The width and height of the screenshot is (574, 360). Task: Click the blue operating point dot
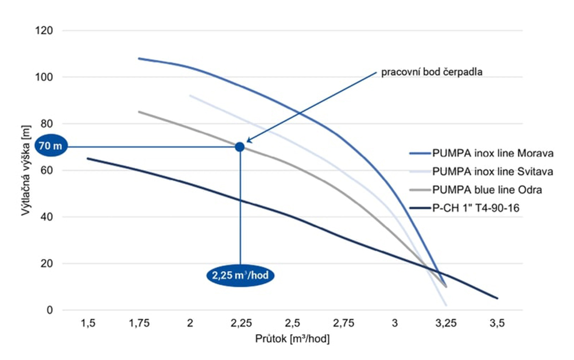point(240,147)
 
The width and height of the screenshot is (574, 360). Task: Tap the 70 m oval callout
point(51,147)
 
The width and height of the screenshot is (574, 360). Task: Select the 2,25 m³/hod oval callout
point(240,276)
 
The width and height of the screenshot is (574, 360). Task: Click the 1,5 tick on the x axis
point(87,324)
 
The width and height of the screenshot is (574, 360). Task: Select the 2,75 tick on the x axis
point(343,324)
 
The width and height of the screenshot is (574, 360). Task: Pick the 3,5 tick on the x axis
point(497,324)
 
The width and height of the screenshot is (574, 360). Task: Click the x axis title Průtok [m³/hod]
point(292,339)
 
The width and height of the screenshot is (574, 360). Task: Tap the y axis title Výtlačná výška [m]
point(26,171)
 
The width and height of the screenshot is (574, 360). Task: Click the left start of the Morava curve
point(139,59)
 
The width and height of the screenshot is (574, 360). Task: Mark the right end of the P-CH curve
point(497,298)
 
